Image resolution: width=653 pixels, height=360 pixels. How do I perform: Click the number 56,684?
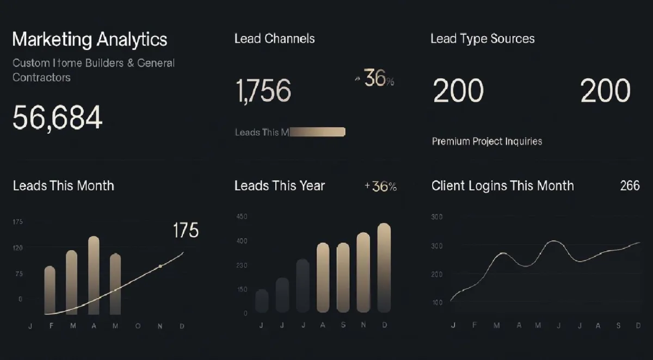tap(57, 117)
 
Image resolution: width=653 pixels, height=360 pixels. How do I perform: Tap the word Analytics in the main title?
tap(132, 39)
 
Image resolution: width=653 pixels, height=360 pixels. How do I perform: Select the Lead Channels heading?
tap(274, 39)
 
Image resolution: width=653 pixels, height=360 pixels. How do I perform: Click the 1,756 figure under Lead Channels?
tap(263, 90)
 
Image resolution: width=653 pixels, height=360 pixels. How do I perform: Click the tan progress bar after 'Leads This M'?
tap(318, 132)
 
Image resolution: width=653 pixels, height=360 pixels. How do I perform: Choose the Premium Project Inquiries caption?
tap(486, 141)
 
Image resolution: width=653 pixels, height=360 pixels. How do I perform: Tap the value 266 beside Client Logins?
tap(630, 185)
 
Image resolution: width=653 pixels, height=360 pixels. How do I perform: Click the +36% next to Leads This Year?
tap(380, 187)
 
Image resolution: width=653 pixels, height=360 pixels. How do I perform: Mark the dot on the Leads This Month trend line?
tap(160, 266)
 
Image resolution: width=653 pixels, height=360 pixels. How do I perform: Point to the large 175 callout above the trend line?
tap(186, 231)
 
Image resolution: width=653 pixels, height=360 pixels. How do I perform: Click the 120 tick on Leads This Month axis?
tap(18, 247)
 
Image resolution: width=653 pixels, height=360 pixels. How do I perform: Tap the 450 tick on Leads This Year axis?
tap(242, 216)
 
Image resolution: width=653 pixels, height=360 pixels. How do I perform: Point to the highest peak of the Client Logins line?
tap(553, 241)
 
